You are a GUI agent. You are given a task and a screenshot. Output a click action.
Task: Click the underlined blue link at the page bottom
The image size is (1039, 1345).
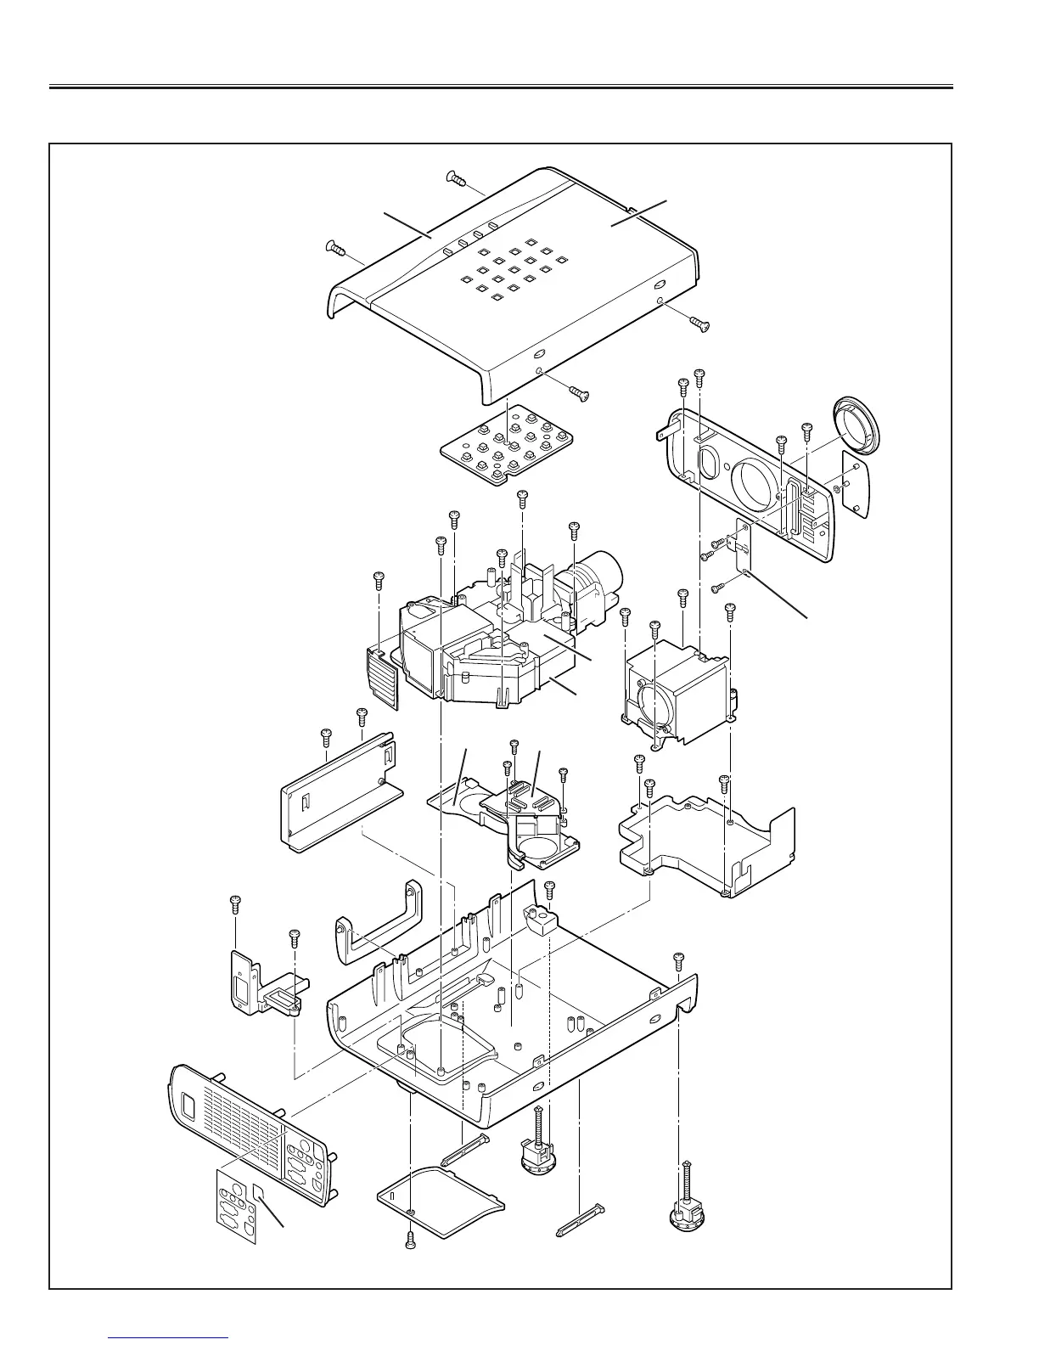169,1339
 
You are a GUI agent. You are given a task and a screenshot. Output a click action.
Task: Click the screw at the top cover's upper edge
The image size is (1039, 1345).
457,178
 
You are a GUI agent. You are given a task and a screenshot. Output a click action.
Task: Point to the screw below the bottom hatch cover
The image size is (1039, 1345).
411,1241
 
